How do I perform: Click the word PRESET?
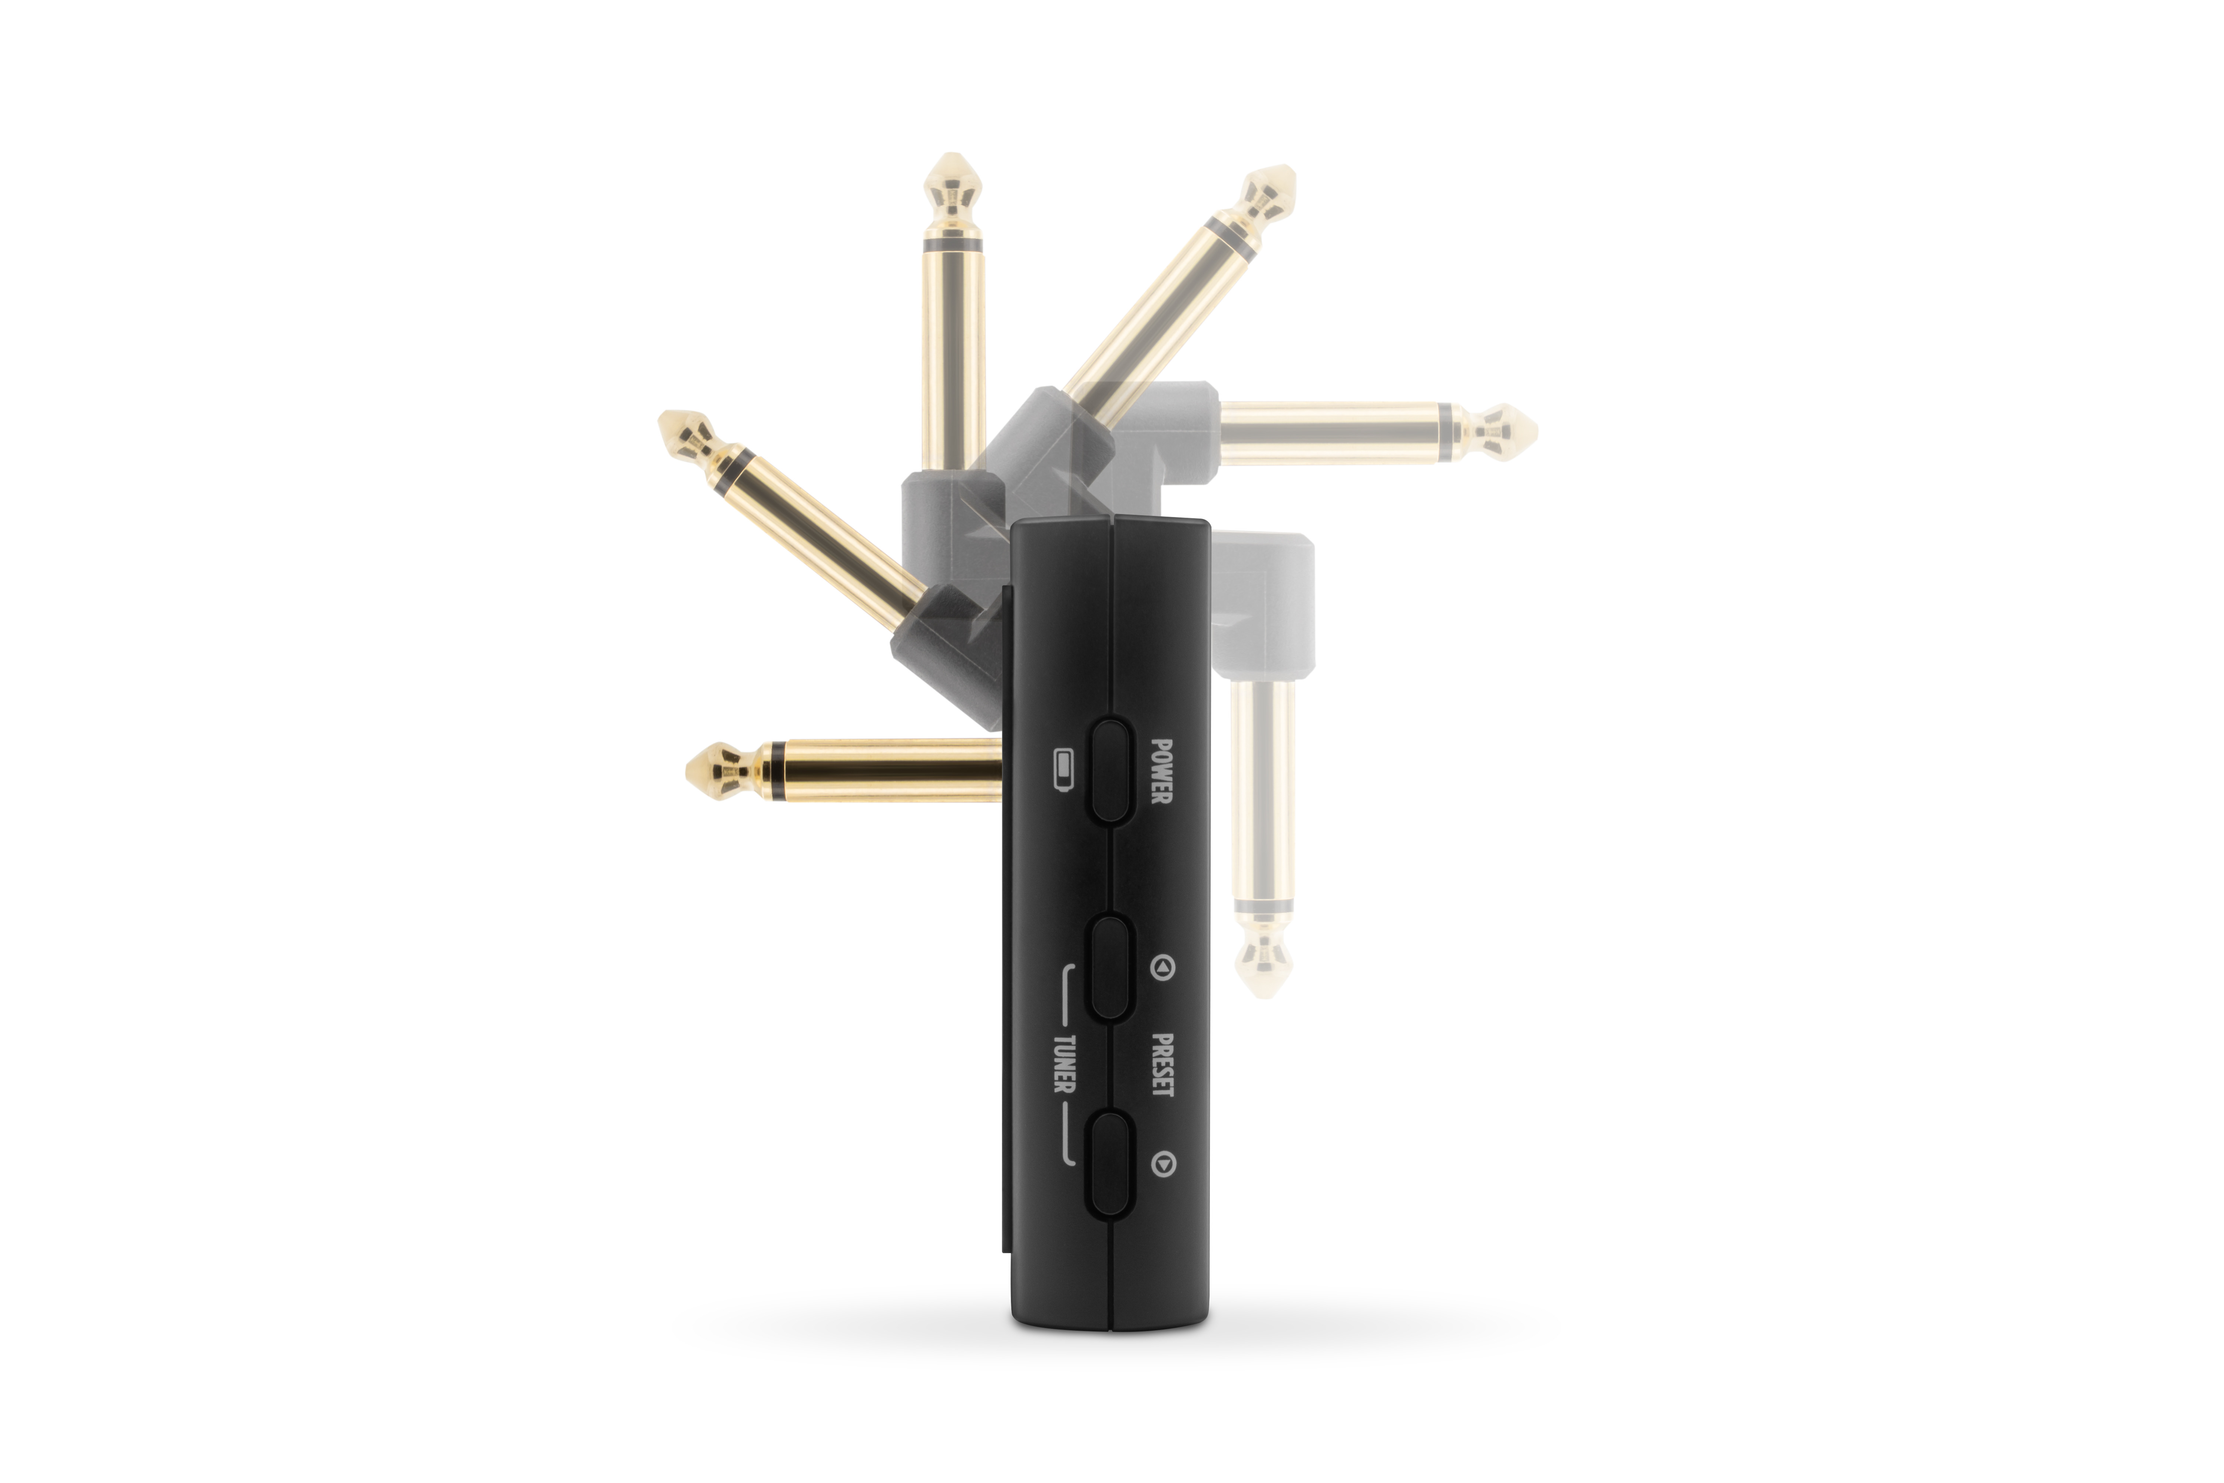click(1162, 1065)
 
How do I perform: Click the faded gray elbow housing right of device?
click(1265, 605)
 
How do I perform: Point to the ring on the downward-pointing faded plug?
click(1263, 906)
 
